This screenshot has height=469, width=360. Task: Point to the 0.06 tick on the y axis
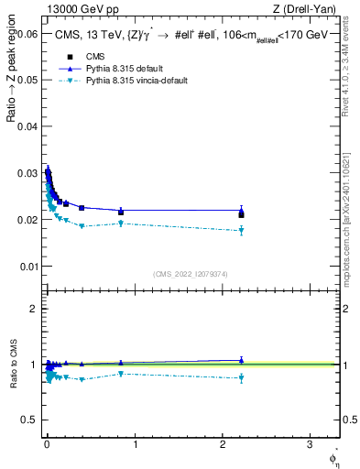click(x=27, y=34)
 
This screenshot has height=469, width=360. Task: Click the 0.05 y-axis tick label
click(x=27, y=81)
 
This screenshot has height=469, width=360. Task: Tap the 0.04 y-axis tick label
click(x=27, y=127)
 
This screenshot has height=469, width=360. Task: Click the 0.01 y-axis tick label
click(x=27, y=267)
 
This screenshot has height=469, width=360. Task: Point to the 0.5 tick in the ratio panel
click(x=29, y=420)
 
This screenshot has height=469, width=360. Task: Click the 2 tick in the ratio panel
click(x=33, y=309)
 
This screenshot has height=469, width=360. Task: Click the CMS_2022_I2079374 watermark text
click(x=191, y=274)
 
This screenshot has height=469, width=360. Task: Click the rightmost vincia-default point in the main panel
click(x=241, y=231)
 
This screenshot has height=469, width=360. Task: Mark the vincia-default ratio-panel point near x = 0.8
click(x=121, y=374)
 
